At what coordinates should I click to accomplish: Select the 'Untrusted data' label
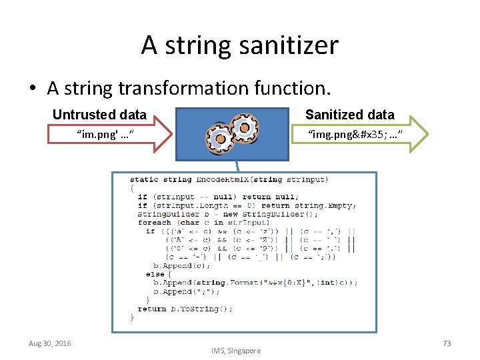99,115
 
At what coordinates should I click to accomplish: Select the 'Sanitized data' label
349,115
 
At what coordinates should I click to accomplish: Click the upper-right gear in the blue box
244,126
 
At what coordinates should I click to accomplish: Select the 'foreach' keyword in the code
154,223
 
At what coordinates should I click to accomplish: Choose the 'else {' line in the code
158,274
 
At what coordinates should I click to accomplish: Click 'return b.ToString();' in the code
185,309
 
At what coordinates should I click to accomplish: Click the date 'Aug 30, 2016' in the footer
49,343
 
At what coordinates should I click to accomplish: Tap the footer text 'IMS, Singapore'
236,351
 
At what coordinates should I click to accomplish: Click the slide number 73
447,343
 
